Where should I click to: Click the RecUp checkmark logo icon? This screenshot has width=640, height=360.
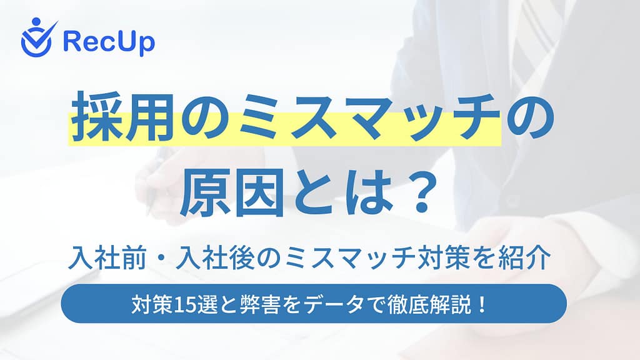pos(37,37)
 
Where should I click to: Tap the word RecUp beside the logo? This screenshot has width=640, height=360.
pos(109,41)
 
